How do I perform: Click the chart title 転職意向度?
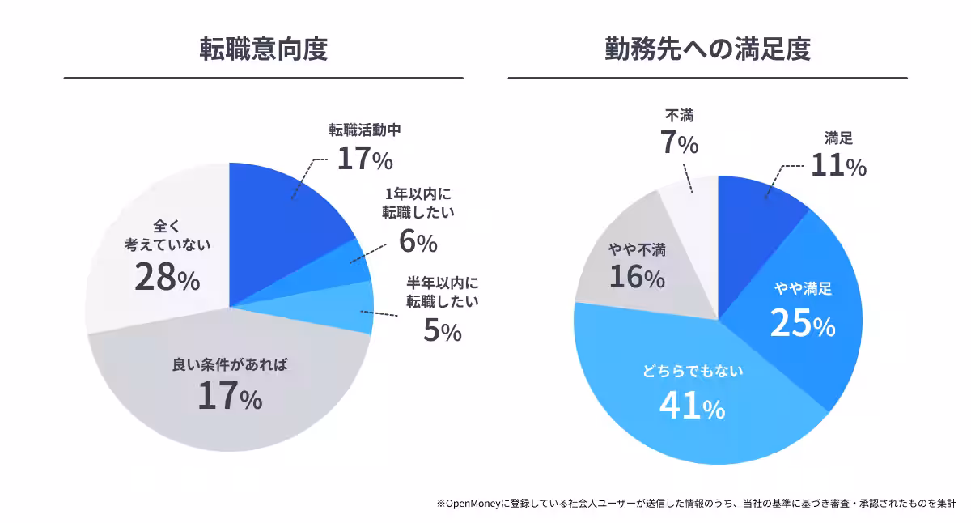263,49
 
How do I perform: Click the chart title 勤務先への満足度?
707,49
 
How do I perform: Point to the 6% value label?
418,240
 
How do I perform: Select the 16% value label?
637,278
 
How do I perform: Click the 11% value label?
838,166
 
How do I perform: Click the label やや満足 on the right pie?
803,289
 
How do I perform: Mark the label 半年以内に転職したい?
442,293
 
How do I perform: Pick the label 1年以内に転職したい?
418,203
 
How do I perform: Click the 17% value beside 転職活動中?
364,158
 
